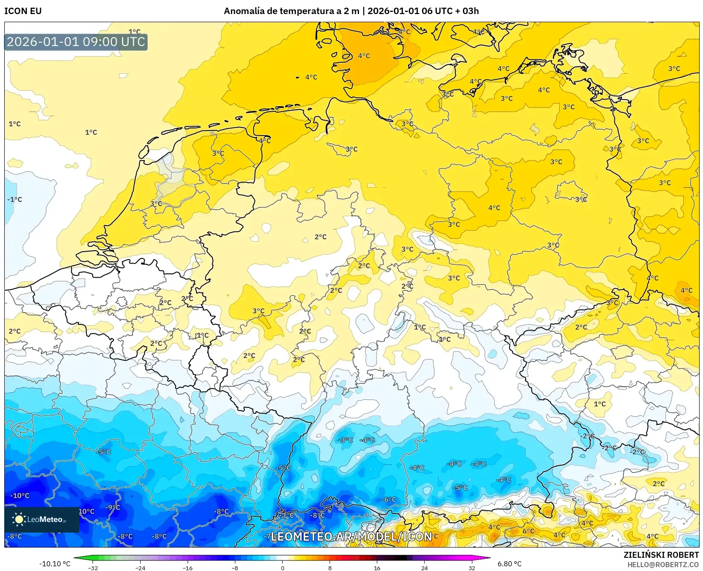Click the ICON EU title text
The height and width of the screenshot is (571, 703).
tap(23, 11)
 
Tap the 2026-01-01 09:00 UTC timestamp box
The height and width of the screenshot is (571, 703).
tap(76, 42)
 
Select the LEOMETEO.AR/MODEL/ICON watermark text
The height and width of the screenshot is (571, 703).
tap(351, 536)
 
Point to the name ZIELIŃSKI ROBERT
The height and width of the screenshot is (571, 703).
tap(661, 555)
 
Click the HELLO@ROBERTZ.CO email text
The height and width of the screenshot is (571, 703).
tap(663, 564)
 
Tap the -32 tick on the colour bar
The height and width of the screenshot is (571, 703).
tap(93, 568)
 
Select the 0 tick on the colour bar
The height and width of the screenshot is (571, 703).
tap(282, 568)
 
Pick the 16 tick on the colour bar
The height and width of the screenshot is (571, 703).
tap(377, 568)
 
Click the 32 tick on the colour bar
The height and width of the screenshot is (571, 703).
tap(472, 568)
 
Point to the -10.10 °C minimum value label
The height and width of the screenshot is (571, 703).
tap(55, 564)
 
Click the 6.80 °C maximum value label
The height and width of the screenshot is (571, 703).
tap(509, 564)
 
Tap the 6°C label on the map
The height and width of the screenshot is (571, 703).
tap(528, 531)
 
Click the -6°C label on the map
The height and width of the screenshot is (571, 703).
tap(388, 499)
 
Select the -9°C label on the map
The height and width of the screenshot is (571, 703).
tap(113, 507)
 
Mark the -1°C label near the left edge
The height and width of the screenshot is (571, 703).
tap(14, 199)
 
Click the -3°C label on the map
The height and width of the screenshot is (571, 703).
tap(345, 440)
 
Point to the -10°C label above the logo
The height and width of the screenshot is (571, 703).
tap(20, 496)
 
